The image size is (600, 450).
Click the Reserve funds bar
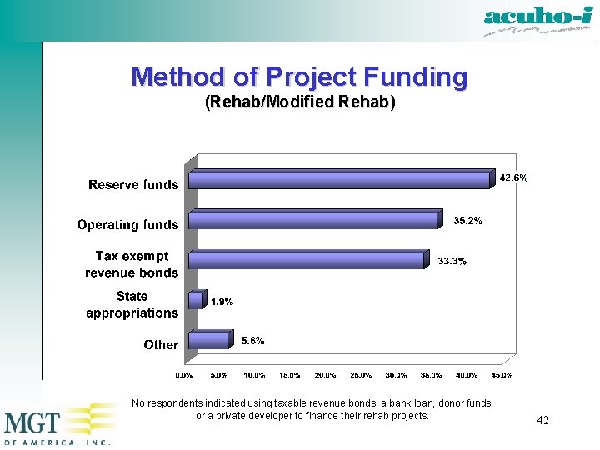point(339,181)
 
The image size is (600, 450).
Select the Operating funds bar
point(313,221)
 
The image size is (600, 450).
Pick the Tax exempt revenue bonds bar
point(306,261)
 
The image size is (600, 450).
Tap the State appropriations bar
point(196,301)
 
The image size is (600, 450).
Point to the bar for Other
point(209,341)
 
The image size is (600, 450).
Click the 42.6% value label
point(513,177)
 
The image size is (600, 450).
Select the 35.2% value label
point(467,221)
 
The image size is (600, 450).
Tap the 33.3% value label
point(452,262)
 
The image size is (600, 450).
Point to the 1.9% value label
point(221,302)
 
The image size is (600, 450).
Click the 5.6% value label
point(252,340)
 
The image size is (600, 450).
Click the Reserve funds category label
point(133,184)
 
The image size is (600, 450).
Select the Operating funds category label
point(127,224)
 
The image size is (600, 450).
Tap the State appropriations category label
point(132,304)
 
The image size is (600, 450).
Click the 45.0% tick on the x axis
point(502,376)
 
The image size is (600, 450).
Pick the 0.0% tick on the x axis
point(183,376)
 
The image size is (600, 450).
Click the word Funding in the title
point(410,77)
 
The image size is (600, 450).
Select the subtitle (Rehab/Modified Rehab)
point(300,102)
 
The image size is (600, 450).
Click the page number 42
point(542,420)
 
